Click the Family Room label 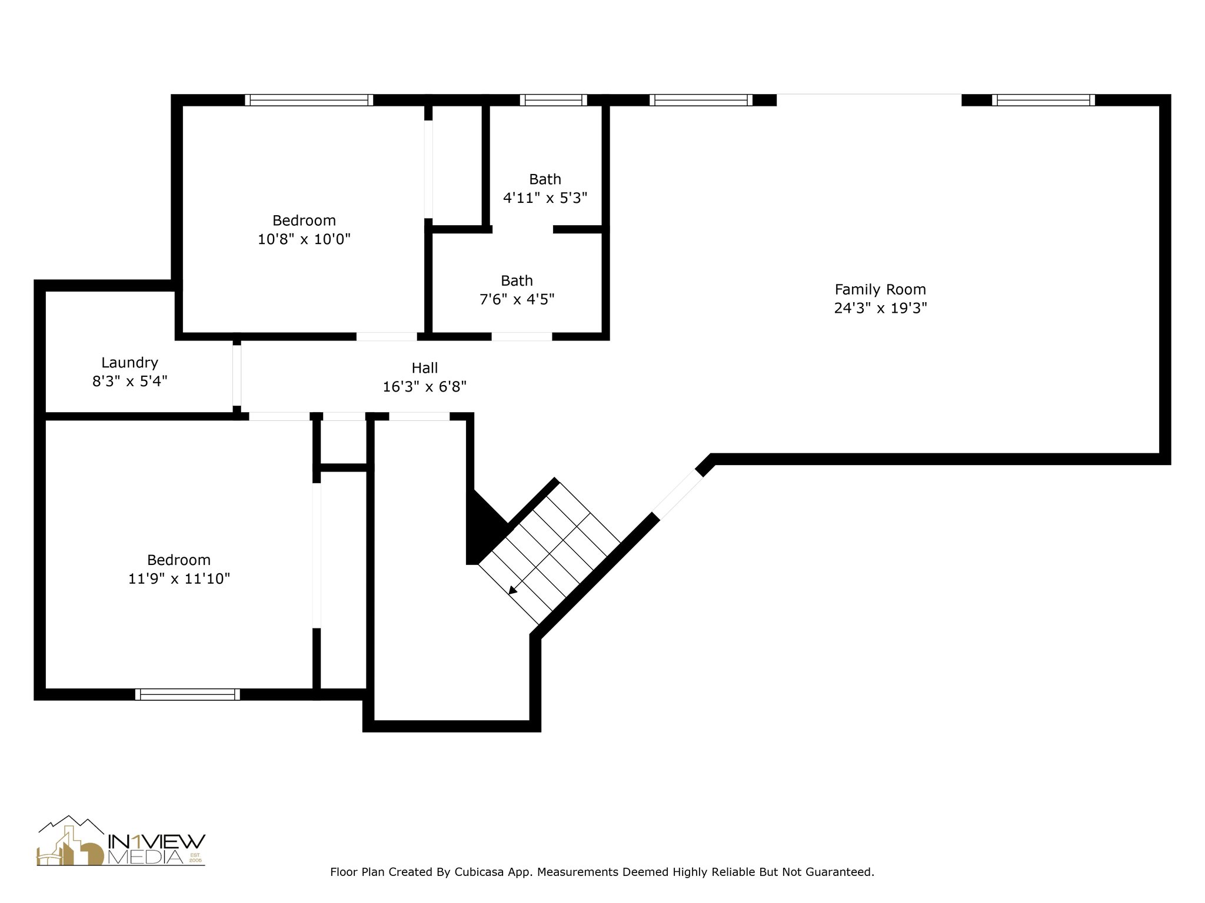[880, 289]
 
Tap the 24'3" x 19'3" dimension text [880, 308]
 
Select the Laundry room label [129, 363]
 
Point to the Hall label [424, 368]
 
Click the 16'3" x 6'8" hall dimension [424, 387]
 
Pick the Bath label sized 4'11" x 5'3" [545, 179]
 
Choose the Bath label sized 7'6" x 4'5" [517, 280]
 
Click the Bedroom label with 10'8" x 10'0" [304, 220]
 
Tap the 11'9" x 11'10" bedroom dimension [179, 578]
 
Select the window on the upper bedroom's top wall [309, 100]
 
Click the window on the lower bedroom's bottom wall [187, 694]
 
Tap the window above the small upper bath [553, 100]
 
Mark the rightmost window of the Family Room [1043, 100]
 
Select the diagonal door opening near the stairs [677, 494]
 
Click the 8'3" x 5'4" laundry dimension [129, 382]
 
